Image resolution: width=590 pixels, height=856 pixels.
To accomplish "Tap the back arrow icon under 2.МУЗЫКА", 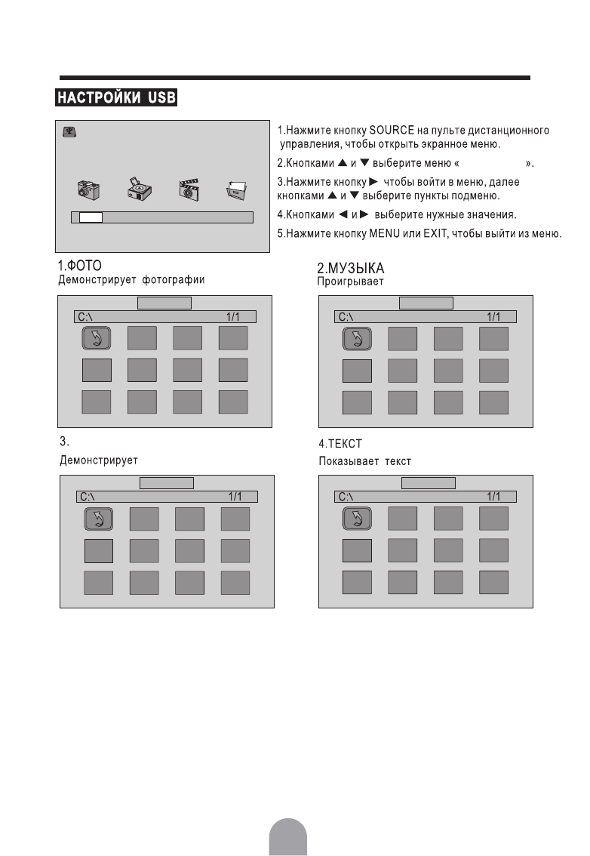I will coord(357,340).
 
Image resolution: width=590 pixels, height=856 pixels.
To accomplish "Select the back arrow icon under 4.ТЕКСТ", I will coord(357,519).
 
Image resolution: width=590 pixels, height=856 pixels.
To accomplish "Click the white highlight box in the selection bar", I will coord(91,217).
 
